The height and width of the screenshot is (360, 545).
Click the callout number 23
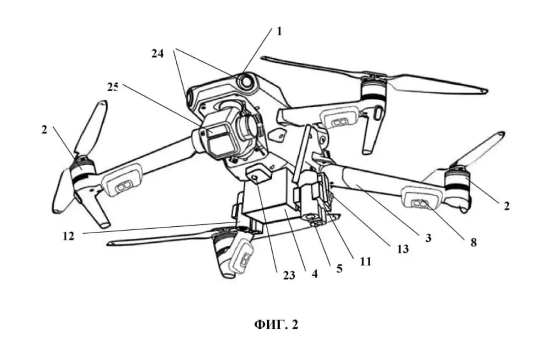[289, 276]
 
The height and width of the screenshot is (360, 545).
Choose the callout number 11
[365, 260]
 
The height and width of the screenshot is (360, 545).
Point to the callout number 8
[473, 243]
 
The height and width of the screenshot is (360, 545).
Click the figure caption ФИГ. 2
[276, 325]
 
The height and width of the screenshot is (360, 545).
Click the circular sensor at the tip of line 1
[246, 82]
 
